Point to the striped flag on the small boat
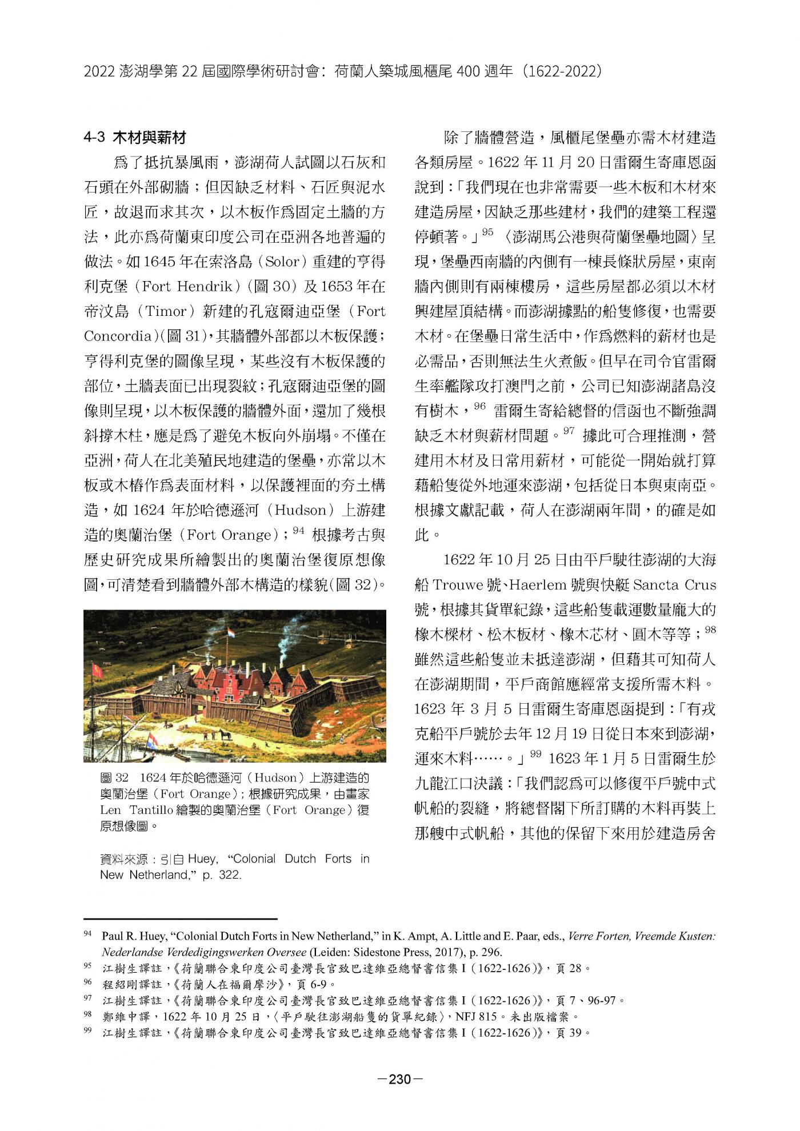(x=153, y=741)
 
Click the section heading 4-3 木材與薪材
(x=135, y=138)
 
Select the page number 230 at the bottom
(x=400, y=1079)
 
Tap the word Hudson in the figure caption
(x=275, y=778)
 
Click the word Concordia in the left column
(x=117, y=336)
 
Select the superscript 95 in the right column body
(x=487, y=232)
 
